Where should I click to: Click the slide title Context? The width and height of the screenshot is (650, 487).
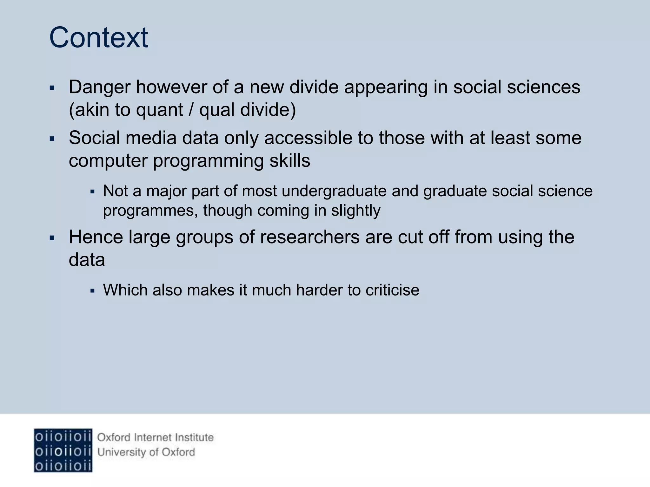click(x=99, y=38)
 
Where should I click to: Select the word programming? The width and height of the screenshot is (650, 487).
click(x=208, y=161)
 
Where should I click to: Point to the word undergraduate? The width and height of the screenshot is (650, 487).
click(x=334, y=191)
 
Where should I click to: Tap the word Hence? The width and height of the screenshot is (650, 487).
click(x=96, y=237)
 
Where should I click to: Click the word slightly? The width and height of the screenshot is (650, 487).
click(x=355, y=211)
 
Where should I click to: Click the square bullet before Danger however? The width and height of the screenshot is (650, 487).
click(x=52, y=88)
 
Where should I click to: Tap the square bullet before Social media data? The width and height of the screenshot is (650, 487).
click(x=52, y=139)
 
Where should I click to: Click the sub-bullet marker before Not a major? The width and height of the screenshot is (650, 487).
click(x=92, y=192)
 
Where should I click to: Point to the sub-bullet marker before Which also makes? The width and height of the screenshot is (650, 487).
click(x=92, y=290)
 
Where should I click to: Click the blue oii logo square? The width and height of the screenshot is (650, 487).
click(x=63, y=450)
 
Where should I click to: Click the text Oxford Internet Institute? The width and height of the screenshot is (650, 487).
click(x=155, y=438)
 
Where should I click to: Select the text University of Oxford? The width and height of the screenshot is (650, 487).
click(x=146, y=452)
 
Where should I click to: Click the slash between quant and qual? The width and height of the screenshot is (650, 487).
click(x=191, y=110)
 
